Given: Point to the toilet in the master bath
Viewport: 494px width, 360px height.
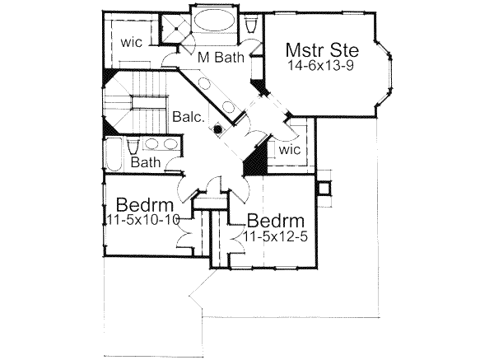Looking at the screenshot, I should point(251,25).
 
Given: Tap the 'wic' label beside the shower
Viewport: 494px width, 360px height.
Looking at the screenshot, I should point(133,41).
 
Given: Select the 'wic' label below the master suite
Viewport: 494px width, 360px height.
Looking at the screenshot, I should point(288,151).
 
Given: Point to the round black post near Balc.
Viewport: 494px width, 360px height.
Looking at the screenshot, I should point(217,129).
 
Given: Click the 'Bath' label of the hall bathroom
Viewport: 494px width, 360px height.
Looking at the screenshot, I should point(145,162).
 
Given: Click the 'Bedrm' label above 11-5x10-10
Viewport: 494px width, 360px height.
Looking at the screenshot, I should point(144,203).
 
